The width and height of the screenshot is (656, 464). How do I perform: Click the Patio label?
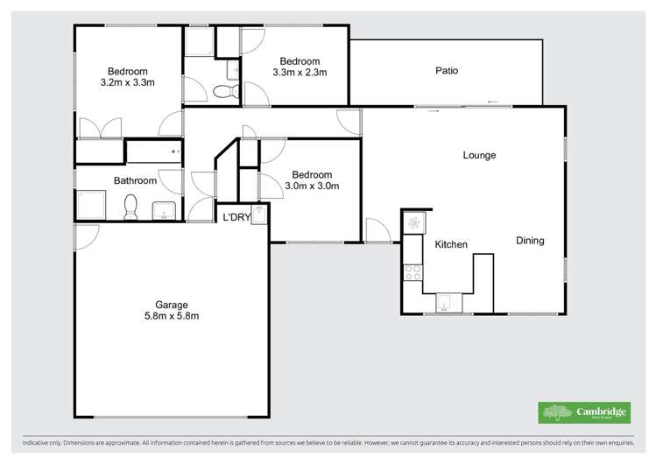point(447,71)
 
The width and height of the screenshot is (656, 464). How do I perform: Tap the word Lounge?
point(479,156)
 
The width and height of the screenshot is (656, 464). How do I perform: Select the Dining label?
point(530,241)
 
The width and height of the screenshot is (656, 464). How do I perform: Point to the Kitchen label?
point(451,244)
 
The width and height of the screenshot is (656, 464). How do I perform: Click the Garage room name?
point(172,305)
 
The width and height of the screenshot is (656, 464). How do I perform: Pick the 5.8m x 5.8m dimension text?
point(172,316)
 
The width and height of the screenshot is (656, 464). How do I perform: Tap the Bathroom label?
point(135,181)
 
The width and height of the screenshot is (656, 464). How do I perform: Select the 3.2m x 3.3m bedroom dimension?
point(128,83)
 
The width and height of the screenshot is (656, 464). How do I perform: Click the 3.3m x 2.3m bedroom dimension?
point(300,73)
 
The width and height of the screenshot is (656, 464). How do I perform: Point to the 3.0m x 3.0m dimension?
point(312,186)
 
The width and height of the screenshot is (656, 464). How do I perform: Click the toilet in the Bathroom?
point(131,207)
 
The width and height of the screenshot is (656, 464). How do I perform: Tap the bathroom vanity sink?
point(164,211)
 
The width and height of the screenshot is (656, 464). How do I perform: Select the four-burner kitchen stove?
point(413,271)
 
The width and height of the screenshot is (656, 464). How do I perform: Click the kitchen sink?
point(448,302)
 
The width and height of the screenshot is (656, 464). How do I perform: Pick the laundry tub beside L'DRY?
point(258,217)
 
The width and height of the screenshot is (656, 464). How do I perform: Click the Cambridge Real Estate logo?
point(582,412)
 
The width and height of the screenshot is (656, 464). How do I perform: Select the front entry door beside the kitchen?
point(377,230)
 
